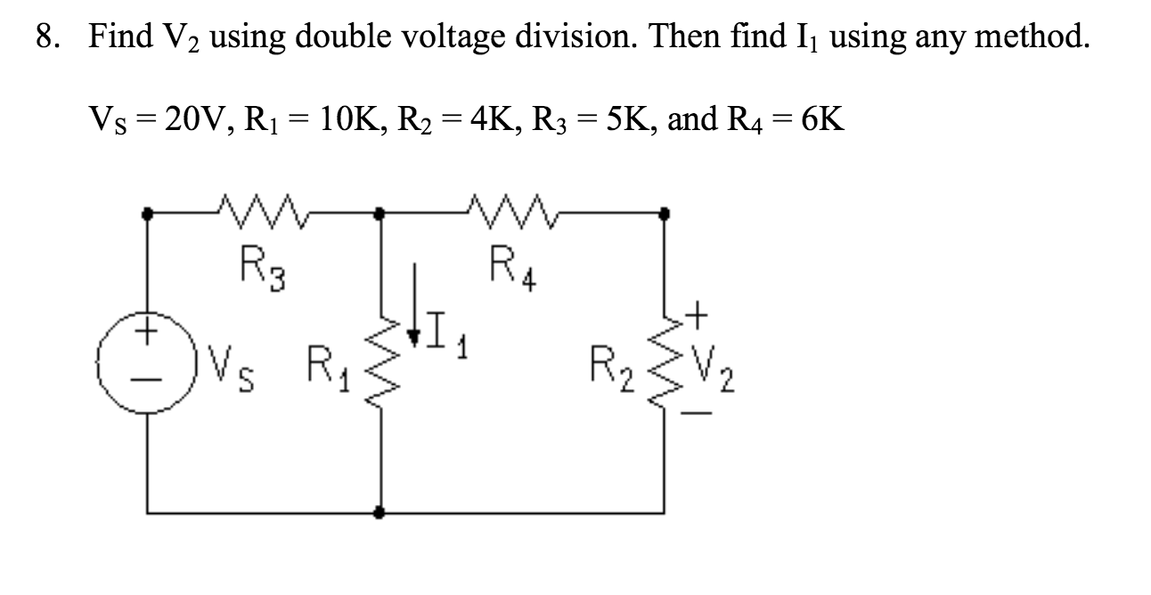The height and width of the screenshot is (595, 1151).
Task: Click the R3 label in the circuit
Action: pyautogui.click(x=259, y=265)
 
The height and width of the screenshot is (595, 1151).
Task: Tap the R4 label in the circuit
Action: pyautogui.click(x=512, y=265)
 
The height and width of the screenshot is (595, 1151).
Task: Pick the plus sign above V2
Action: pyautogui.click(x=699, y=314)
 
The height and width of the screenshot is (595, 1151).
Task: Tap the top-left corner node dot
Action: pyautogui.click(x=148, y=214)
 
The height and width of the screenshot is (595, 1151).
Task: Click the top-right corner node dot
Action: pyautogui.click(x=664, y=214)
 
